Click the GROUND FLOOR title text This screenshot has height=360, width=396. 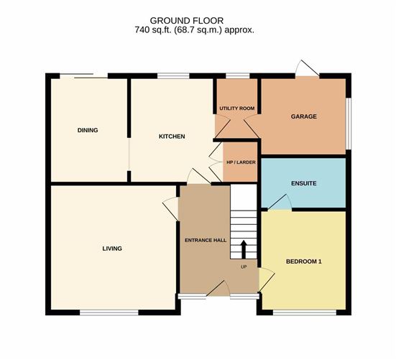point(187,20)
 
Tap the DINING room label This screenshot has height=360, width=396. point(88,130)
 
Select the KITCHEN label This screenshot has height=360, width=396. point(172,137)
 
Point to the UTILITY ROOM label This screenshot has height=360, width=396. point(237,109)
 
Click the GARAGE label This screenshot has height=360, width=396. point(303,116)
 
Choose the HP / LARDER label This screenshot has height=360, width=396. point(241,162)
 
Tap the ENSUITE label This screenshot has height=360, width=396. point(303,183)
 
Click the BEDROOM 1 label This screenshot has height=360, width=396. point(303,262)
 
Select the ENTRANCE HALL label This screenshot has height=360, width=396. point(206,240)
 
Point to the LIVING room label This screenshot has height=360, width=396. point(112,249)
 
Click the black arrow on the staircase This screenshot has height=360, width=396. point(244,249)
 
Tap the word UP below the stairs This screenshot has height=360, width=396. point(244,267)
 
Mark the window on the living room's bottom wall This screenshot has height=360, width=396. point(109,313)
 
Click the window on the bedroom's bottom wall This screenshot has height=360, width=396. point(305,313)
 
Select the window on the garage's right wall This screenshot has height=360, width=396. point(349,124)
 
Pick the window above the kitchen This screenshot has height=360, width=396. point(173,75)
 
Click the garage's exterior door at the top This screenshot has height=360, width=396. point(308,69)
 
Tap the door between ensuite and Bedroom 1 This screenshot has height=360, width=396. point(280,202)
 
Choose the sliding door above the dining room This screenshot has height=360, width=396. point(83,75)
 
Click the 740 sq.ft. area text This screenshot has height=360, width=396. point(194,30)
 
